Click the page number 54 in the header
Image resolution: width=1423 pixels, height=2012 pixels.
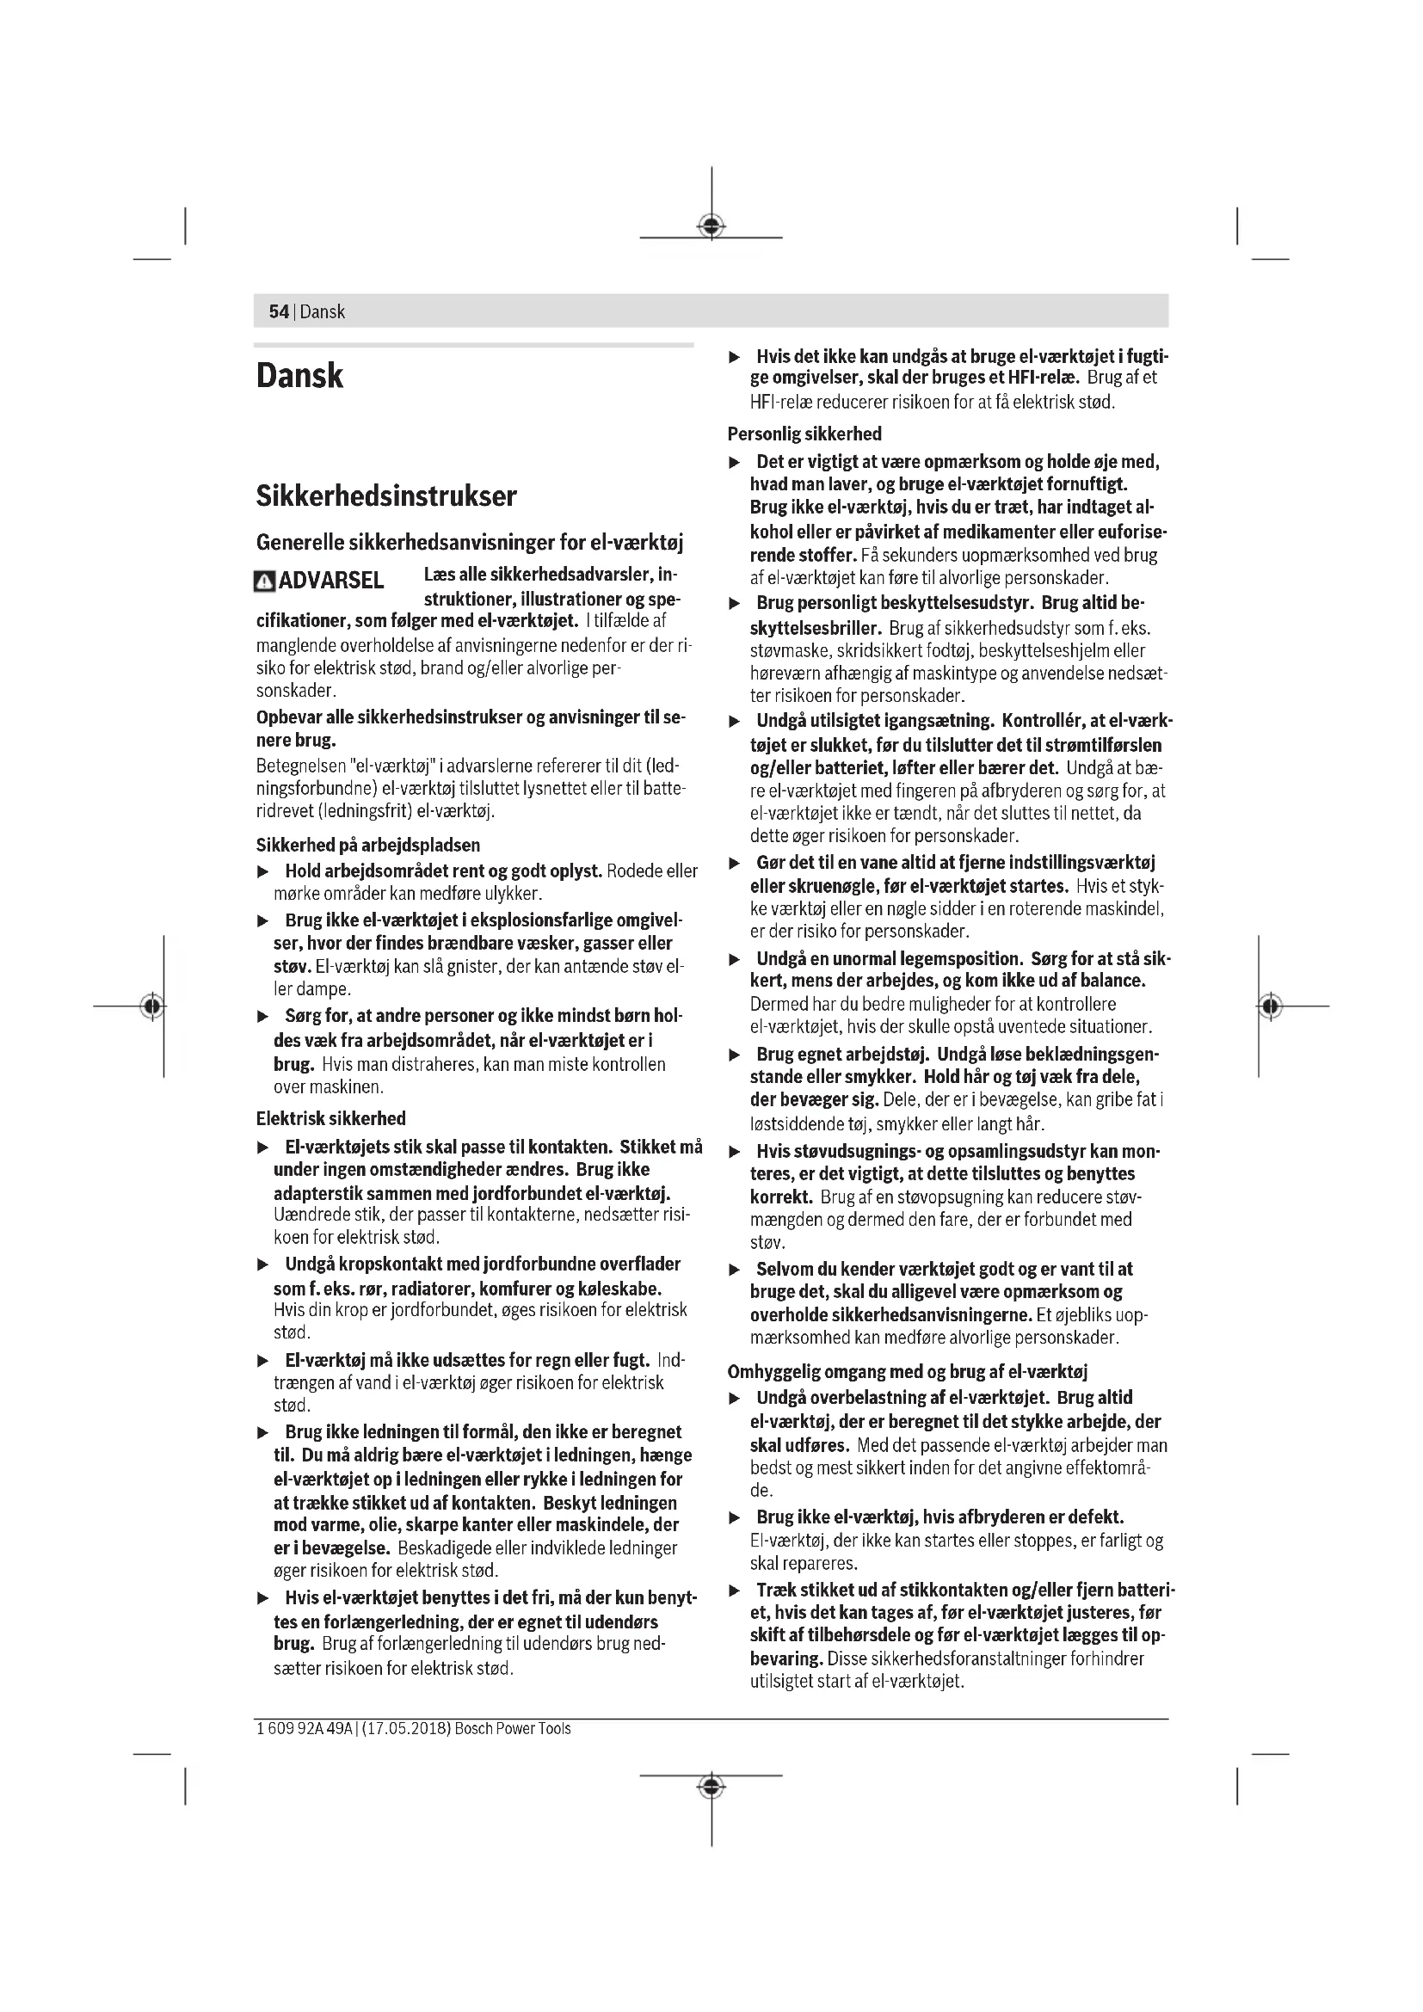pyautogui.click(x=279, y=312)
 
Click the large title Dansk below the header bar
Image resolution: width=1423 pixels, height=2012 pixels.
pyautogui.click(x=299, y=376)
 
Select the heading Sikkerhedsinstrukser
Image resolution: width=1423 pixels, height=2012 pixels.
pyautogui.click(x=386, y=496)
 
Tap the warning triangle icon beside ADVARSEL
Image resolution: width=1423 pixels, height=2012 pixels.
pyautogui.click(x=264, y=581)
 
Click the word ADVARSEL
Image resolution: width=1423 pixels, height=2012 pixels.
pyautogui.click(x=331, y=581)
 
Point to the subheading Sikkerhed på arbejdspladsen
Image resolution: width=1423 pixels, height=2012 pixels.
pyautogui.click(x=368, y=845)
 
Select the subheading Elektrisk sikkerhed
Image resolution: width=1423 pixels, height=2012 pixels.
pyautogui.click(x=331, y=1118)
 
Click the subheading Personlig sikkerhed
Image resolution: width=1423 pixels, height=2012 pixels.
pyautogui.click(x=804, y=434)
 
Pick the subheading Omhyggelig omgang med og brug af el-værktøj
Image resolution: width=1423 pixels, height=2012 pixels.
pyautogui.click(x=908, y=1371)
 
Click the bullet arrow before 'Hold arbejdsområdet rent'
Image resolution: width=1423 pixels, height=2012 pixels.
pyautogui.click(x=262, y=872)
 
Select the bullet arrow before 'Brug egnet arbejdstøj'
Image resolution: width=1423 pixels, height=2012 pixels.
pyautogui.click(x=735, y=1055)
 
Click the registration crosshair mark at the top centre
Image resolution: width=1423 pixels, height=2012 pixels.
pyautogui.click(x=711, y=226)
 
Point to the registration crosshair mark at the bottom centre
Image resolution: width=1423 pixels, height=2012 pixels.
pyautogui.click(x=711, y=1786)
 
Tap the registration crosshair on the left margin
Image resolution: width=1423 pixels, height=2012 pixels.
pyautogui.click(x=152, y=1006)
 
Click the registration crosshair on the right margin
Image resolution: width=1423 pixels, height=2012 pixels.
pyautogui.click(x=1270, y=1006)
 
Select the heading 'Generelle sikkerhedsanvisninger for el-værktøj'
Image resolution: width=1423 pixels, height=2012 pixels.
pyautogui.click(x=470, y=543)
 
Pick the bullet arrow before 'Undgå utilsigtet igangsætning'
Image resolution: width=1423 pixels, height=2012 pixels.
pyautogui.click(x=735, y=722)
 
